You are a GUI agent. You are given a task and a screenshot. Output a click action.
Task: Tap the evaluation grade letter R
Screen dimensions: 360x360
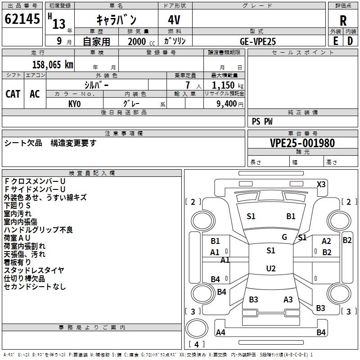click(x=343, y=21)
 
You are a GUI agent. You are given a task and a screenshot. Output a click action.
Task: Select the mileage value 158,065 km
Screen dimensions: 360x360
click(x=53, y=65)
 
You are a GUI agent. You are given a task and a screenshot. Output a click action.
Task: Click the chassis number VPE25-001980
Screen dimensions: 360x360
click(x=302, y=143)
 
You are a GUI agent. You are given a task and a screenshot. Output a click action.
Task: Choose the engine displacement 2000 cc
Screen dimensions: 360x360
click(x=137, y=41)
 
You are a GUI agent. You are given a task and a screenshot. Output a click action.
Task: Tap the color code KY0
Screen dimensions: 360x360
click(x=75, y=104)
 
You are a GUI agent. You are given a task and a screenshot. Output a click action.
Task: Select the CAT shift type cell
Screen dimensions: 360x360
click(x=13, y=94)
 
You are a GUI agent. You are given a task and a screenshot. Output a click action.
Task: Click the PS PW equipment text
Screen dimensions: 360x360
click(x=262, y=121)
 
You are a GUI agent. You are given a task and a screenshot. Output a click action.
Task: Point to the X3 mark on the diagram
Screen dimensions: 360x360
click(x=321, y=184)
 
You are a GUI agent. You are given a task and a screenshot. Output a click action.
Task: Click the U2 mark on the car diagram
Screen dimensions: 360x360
click(x=270, y=269)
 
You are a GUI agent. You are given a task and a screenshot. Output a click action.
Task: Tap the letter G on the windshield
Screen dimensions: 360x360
click(x=284, y=237)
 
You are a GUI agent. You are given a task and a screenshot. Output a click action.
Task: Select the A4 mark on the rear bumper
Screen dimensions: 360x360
click(x=220, y=333)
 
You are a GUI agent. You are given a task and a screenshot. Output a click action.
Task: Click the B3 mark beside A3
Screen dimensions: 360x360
click(x=253, y=299)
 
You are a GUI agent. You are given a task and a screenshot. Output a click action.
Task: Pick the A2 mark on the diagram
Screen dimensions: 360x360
click(x=326, y=241)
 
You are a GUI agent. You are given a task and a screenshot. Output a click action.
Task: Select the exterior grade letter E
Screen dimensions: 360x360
click(x=336, y=41)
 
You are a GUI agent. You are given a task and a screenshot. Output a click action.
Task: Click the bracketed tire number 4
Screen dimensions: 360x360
click(x=197, y=345)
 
